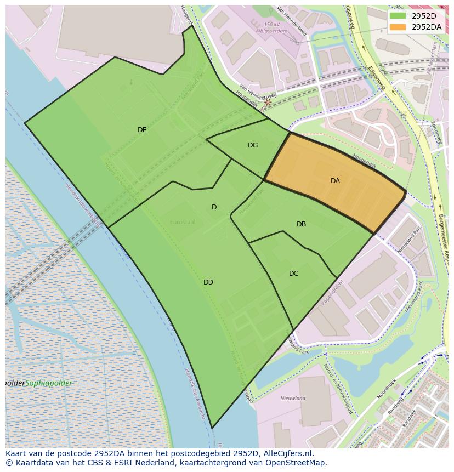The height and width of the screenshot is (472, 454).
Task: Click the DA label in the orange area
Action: [x=335, y=181]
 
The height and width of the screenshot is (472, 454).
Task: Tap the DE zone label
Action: [x=142, y=130]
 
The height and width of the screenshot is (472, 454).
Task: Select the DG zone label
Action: [x=253, y=145]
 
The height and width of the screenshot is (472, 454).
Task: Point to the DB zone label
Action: [x=301, y=224]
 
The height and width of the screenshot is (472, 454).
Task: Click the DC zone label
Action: [x=294, y=274]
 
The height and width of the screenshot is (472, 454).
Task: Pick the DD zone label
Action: [x=208, y=282]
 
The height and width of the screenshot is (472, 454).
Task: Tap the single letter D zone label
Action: [x=214, y=207]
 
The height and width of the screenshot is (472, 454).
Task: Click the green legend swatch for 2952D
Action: [x=398, y=16]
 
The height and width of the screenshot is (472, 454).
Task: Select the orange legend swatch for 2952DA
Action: [x=398, y=27]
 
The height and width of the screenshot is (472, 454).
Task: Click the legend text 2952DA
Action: [x=427, y=27]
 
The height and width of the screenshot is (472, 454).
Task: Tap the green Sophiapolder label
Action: [x=49, y=383]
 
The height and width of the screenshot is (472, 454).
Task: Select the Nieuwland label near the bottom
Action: [x=293, y=399]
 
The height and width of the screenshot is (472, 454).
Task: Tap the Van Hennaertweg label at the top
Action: [x=291, y=20]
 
